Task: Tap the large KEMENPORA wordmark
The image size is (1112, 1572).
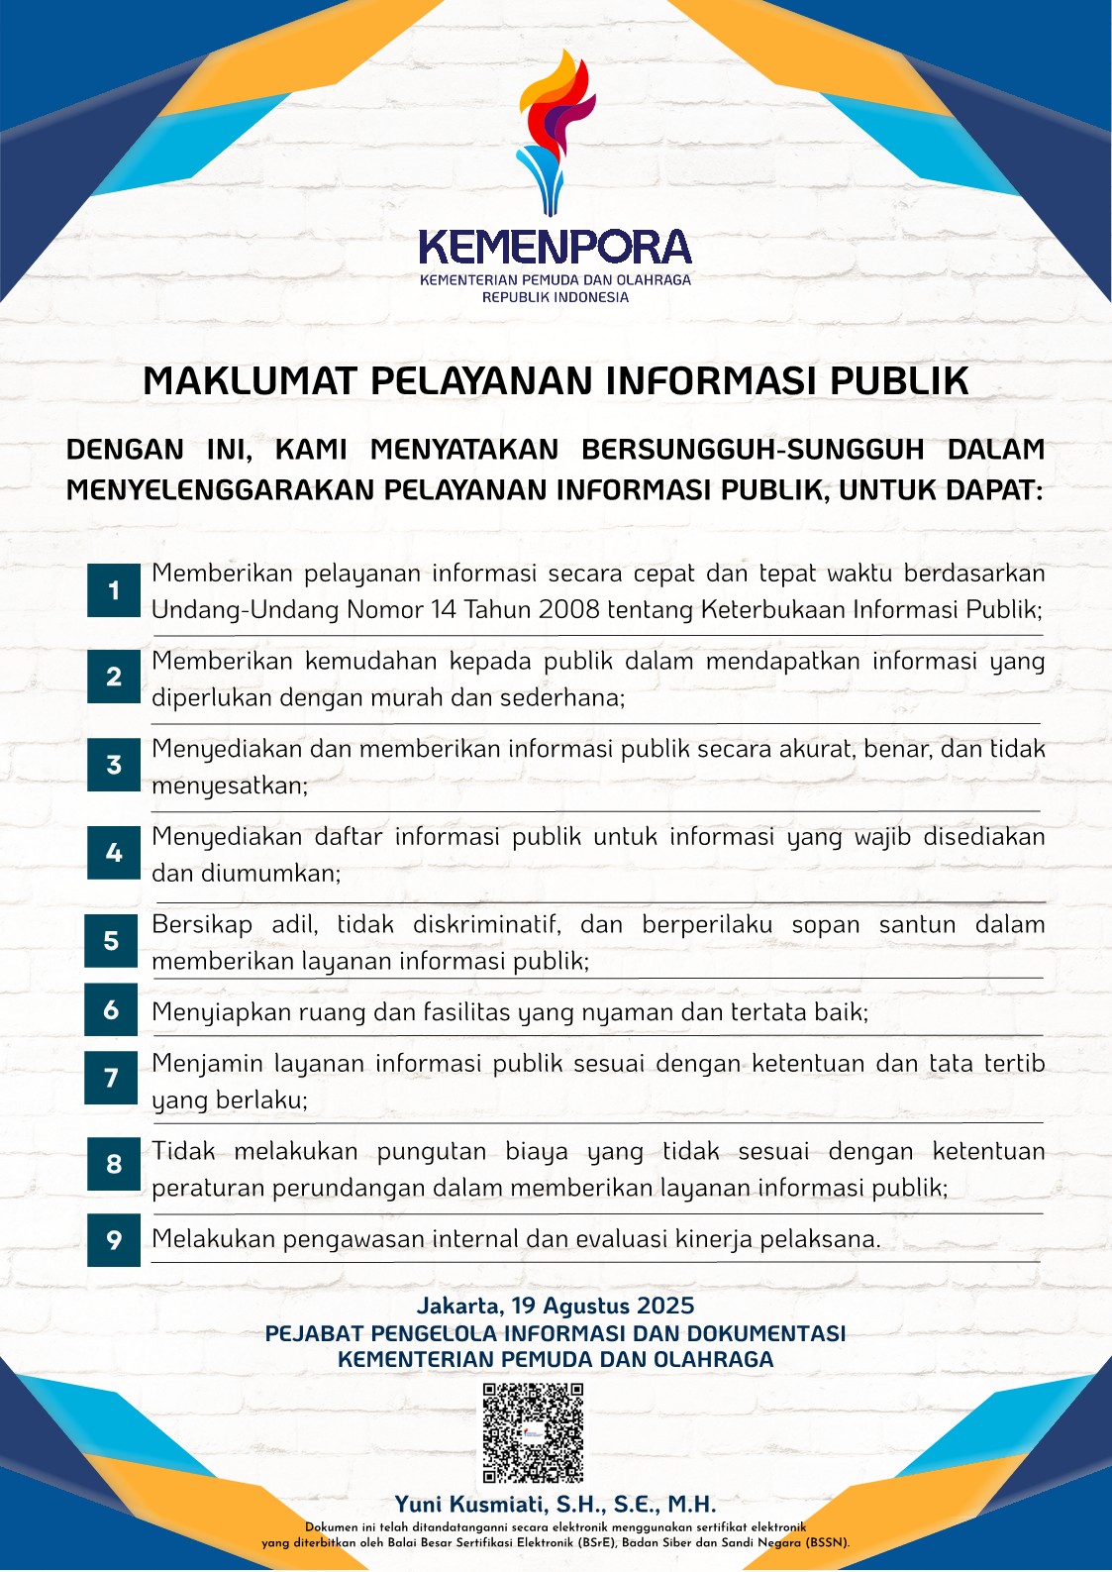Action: click(x=555, y=248)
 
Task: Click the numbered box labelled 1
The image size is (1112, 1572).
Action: click(x=114, y=591)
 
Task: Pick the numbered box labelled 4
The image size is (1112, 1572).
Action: click(x=114, y=853)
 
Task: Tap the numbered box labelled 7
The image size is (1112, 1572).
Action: click(x=112, y=1078)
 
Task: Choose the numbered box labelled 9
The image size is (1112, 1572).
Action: click(x=114, y=1239)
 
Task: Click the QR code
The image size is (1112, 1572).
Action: click(x=533, y=1432)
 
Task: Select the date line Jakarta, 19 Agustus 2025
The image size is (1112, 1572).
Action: click(x=556, y=1306)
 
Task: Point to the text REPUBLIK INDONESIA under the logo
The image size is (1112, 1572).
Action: click(x=556, y=297)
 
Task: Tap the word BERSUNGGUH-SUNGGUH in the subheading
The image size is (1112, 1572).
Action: click(x=753, y=450)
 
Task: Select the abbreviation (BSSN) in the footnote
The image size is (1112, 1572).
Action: click(x=827, y=1542)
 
